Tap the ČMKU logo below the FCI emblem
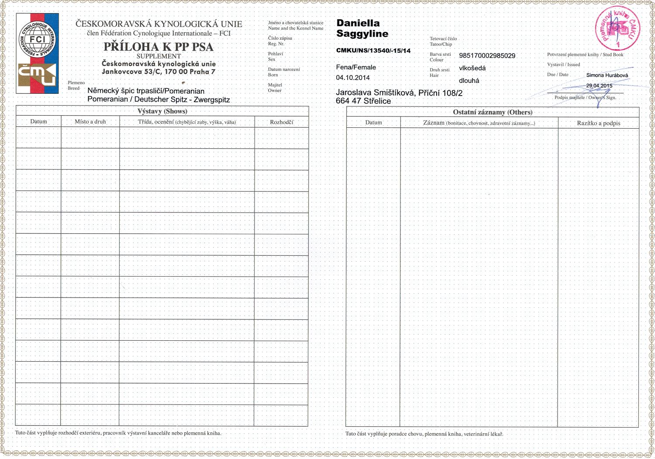(x=37, y=75)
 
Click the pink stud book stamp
(x=617, y=28)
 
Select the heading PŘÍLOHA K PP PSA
(x=159, y=47)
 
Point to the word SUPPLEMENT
(x=159, y=56)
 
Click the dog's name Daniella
(x=358, y=23)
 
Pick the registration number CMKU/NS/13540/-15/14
(x=373, y=51)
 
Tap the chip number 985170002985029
(x=487, y=56)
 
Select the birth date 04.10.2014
(x=353, y=78)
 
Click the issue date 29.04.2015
(x=599, y=86)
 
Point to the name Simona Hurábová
(x=607, y=75)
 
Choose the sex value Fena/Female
(x=356, y=67)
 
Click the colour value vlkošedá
(x=472, y=68)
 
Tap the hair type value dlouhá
(x=469, y=81)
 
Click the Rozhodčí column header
(x=282, y=122)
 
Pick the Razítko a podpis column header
(x=598, y=123)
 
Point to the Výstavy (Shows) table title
(x=162, y=111)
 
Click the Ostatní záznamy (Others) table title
(x=493, y=112)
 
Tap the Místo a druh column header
(x=90, y=122)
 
